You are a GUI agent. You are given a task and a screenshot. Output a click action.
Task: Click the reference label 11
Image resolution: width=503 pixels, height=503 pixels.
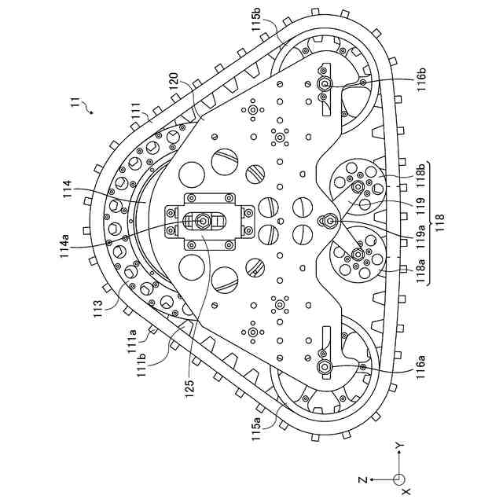coord(74,103)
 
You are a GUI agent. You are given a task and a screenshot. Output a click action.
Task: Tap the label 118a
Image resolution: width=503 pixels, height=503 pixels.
coord(423,270)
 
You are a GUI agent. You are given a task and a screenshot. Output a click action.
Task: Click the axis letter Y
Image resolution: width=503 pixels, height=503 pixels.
coord(399,446)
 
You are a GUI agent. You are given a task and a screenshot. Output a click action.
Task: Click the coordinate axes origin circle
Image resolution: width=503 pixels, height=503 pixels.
coord(399,478)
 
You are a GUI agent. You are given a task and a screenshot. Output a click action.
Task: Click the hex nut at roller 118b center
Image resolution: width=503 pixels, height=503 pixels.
coord(357,186)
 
